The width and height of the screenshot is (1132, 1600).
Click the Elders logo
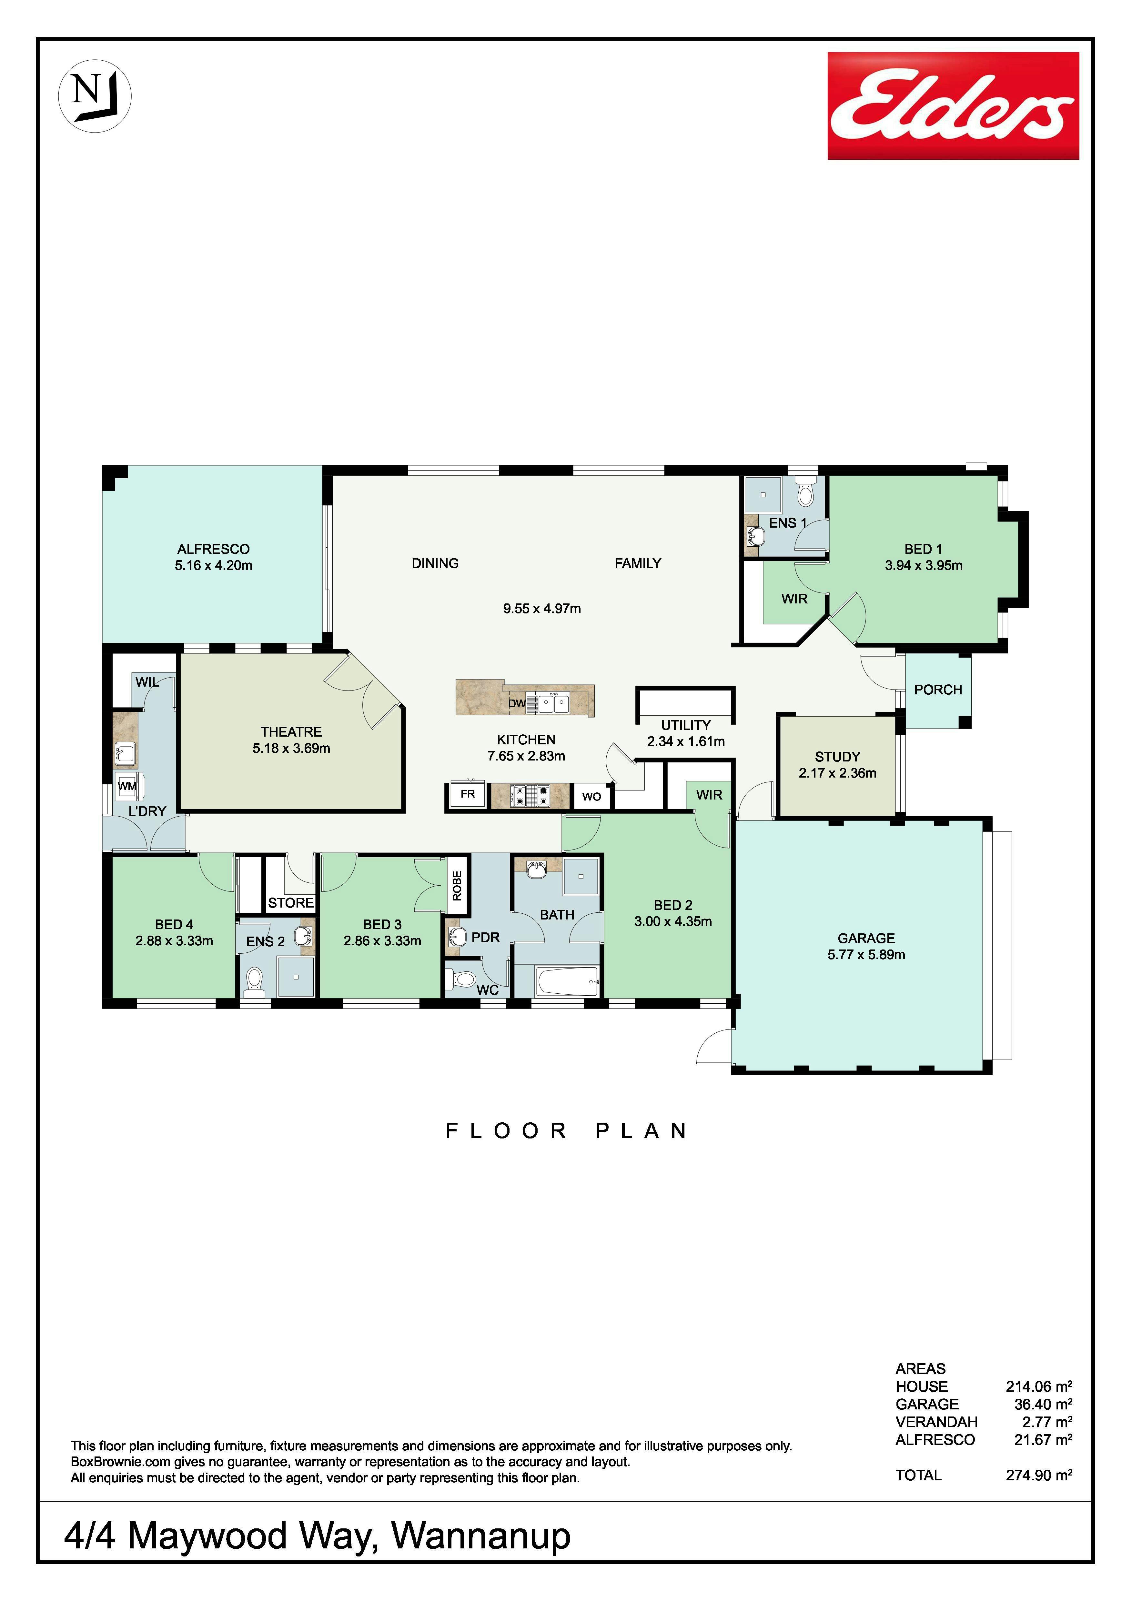pyautogui.click(x=953, y=106)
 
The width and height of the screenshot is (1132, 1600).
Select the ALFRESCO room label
pyautogui.click(x=213, y=549)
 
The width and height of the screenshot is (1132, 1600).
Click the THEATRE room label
pyautogui.click(x=291, y=732)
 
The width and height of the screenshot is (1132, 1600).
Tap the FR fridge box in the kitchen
pyautogui.click(x=468, y=794)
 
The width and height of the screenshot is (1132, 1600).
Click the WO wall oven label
pyautogui.click(x=591, y=797)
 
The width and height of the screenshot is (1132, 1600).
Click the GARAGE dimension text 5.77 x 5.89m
pyautogui.click(x=866, y=955)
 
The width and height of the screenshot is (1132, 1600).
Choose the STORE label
pyautogui.click(x=291, y=902)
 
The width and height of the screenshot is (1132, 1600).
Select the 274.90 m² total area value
pyautogui.click(x=1039, y=1475)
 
